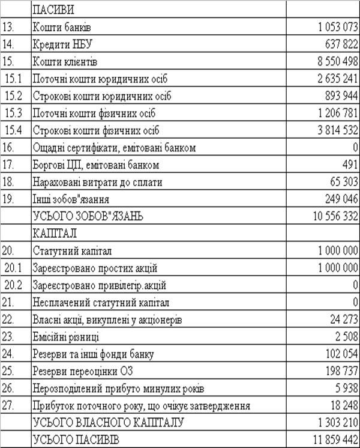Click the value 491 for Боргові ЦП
350,165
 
